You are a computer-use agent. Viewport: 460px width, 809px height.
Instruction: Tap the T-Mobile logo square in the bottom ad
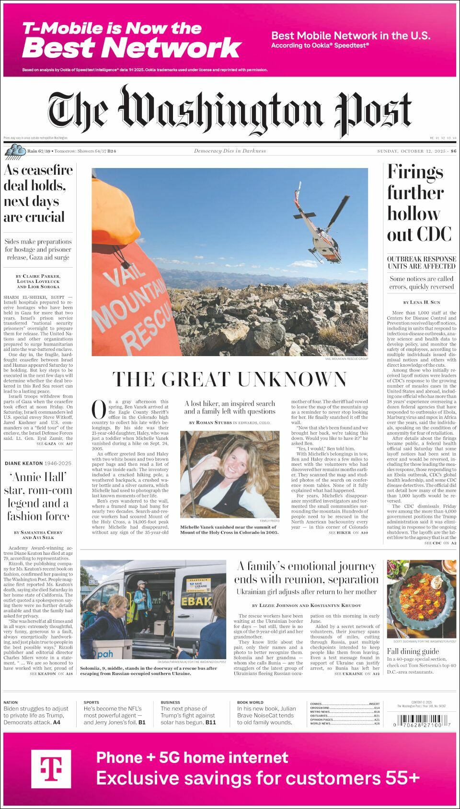pos(51,769)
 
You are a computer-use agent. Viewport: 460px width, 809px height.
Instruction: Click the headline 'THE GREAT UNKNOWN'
pos(230,379)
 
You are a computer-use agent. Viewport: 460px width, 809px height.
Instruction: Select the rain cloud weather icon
pos(15,151)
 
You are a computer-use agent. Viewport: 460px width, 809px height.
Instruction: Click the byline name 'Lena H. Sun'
pos(425,303)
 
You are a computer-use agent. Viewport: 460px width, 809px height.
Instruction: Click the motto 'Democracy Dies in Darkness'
pos(230,151)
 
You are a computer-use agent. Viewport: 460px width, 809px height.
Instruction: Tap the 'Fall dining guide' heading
pos(413,651)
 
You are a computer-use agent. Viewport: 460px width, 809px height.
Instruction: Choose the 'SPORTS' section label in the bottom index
pos(92,703)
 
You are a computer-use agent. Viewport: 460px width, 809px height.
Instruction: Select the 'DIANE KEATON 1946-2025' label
pos(38,463)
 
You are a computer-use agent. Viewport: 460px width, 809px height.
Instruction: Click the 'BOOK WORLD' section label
pos(250,703)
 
